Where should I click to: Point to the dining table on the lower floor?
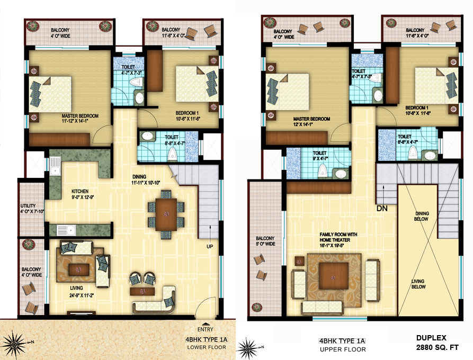coord(166,213)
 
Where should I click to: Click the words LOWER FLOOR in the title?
coord(206,347)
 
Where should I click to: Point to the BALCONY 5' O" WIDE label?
coord(265,241)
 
